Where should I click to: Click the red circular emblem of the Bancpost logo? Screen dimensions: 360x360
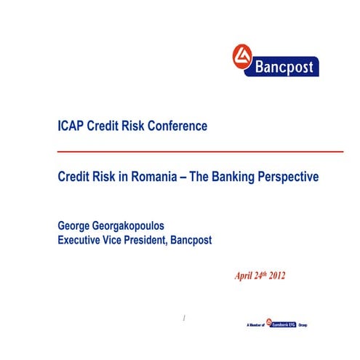pyautogui.click(x=241, y=57)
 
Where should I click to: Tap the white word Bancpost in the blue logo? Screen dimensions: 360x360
pyautogui.click(x=285, y=68)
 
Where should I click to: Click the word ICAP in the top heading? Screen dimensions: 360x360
pyautogui.click(x=71, y=126)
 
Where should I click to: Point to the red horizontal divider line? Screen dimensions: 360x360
pyautogui.click(x=200, y=151)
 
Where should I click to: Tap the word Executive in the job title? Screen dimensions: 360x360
pyautogui.click(x=85, y=239)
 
